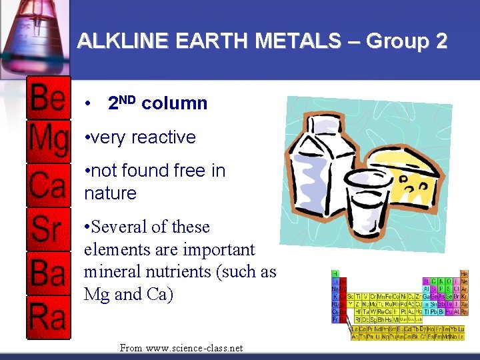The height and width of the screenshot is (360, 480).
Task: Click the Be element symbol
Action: [x=48, y=99]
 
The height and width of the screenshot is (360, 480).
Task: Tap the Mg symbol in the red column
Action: [x=48, y=141]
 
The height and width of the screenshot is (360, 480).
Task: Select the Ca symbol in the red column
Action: [x=48, y=185]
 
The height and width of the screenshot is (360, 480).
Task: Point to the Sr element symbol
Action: [x=47, y=229]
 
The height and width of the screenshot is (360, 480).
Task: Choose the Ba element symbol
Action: [x=48, y=272]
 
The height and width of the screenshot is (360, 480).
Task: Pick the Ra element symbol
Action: [x=48, y=315]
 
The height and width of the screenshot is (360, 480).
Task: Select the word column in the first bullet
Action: [x=175, y=104]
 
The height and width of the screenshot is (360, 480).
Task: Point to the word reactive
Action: [x=163, y=137]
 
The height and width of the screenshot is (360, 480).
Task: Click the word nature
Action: [x=110, y=193]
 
